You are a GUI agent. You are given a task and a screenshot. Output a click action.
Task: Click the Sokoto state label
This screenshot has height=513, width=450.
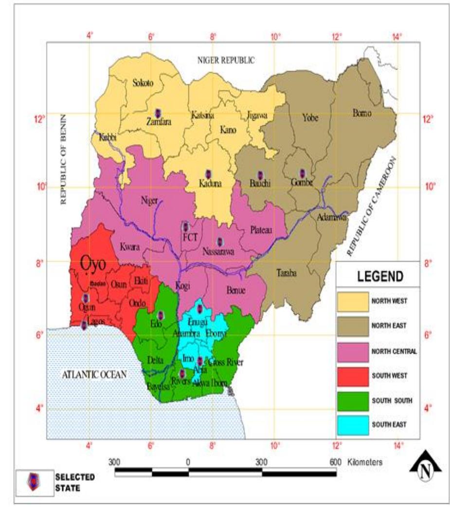143,83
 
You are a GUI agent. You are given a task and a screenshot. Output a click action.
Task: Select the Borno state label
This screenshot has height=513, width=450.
361,113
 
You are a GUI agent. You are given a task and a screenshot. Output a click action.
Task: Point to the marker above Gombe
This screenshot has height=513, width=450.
302,173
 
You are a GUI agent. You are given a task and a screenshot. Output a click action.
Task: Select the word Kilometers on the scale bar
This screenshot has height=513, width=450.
365,461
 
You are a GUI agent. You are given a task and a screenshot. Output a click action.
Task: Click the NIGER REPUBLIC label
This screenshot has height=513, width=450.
226,60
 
